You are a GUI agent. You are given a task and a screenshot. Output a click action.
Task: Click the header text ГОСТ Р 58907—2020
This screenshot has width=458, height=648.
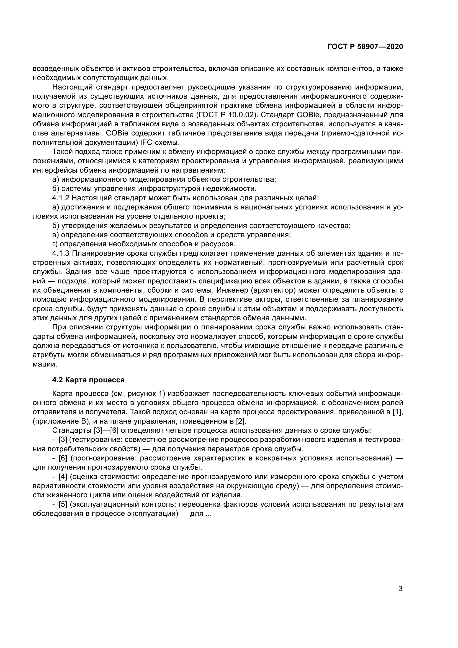(365, 47)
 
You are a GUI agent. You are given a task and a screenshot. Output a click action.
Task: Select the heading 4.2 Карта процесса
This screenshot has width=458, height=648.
(88, 380)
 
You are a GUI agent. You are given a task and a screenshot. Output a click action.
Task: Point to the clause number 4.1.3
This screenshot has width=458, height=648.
(61, 253)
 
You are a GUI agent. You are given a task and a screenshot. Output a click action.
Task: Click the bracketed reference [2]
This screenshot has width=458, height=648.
(241, 421)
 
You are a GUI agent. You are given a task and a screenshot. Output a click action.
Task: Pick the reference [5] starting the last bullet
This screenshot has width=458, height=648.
(63, 504)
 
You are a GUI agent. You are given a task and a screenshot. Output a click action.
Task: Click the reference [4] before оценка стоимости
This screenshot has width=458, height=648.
(63, 477)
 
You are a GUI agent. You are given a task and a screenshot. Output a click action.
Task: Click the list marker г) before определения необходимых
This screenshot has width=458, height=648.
(55, 244)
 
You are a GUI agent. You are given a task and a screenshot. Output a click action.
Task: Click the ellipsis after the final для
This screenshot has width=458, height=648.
(209, 513)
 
